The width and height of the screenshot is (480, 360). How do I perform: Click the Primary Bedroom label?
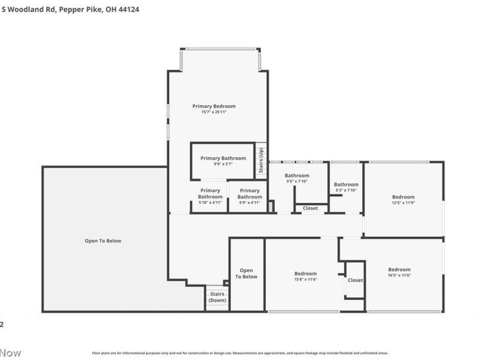214,106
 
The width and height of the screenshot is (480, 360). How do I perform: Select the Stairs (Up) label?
261,161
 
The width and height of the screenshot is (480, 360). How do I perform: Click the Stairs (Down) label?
217,297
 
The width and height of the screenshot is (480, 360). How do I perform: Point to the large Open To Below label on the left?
103,241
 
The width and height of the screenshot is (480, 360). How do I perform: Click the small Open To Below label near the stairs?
246,274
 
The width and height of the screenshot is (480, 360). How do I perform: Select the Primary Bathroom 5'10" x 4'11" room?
210,196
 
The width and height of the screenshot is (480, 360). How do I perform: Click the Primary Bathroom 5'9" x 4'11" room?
250,196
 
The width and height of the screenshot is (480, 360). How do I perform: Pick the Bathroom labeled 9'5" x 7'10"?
296,178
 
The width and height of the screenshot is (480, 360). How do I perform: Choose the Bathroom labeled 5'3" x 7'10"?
346,187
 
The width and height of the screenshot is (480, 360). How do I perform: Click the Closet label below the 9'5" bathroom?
310,208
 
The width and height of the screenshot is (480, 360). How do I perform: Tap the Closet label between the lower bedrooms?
355,280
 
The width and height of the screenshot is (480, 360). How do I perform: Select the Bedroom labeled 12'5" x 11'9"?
403,200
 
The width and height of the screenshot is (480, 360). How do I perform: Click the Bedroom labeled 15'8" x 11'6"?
305,276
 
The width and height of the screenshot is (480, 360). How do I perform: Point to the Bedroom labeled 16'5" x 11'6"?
399,272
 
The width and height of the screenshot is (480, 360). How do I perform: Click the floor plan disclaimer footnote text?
240,353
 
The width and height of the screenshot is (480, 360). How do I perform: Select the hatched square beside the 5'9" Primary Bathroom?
271,206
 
